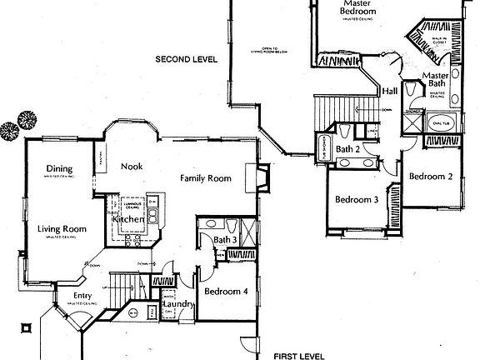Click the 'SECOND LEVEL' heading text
pos(185,59)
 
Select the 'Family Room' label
pos(207,178)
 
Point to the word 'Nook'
pos(132,167)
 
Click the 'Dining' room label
pos(60,167)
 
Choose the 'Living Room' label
pos(62,228)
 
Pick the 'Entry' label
pos(82,296)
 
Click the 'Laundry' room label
pos(178,305)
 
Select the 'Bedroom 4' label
pos(224,292)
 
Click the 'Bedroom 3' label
pos(357,200)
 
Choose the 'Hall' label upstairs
pos(389,91)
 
